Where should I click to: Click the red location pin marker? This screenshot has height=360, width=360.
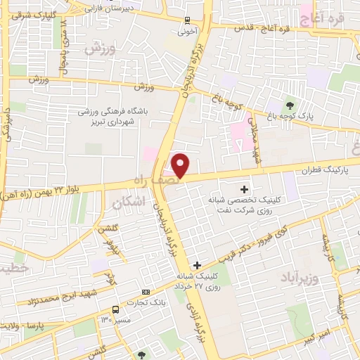pos(181,166)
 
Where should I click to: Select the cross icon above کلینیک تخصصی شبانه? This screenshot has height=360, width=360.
pos(245,188)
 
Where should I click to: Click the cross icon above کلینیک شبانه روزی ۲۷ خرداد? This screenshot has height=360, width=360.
pos(197,265)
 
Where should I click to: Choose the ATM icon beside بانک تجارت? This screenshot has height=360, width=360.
pos(146,292)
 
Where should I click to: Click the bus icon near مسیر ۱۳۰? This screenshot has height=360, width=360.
pos(115,309)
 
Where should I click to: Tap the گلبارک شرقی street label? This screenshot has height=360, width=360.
pos(21,14)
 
